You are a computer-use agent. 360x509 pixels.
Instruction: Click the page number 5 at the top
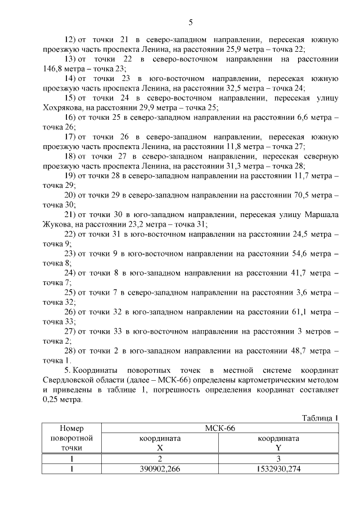coord(190,23)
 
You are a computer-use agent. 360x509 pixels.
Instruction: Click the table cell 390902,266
coord(160,469)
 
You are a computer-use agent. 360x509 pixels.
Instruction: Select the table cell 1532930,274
coord(278,469)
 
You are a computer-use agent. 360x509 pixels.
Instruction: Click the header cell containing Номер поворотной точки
coord(71,438)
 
